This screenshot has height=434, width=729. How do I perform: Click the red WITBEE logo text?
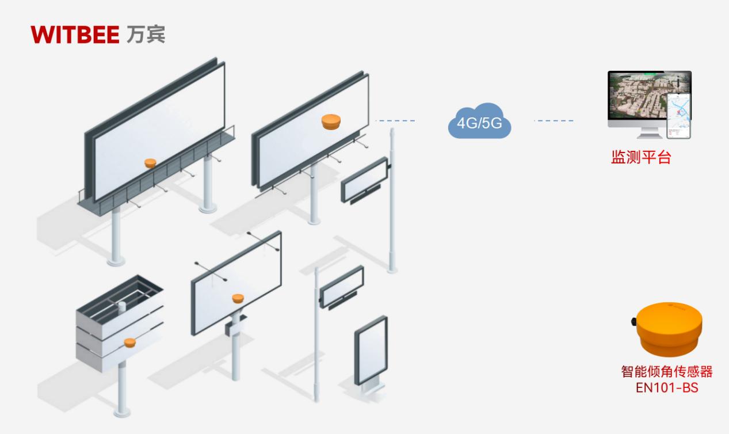pyautogui.click(x=74, y=34)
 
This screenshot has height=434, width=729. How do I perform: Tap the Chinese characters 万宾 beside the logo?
pyautogui.click(x=145, y=34)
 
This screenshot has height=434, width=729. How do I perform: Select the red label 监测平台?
pyautogui.click(x=641, y=158)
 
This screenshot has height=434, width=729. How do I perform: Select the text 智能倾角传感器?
pyautogui.click(x=667, y=372)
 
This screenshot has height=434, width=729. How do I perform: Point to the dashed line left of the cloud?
pyautogui.click(x=395, y=121)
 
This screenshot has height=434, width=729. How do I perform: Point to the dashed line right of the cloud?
pyautogui.click(x=554, y=121)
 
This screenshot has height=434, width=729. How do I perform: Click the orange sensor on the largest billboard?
pyautogui.click(x=150, y=163)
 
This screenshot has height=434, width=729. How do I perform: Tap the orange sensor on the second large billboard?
pyautogui.click(x=331, y=121)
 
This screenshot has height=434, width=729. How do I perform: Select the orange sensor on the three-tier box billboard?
pyautogui.click(x=130, y=342)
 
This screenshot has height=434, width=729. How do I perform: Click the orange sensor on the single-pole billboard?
pyautogui.click(x=238, y=298)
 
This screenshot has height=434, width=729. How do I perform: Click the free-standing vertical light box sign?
pyautogui.click(x=371, y=351)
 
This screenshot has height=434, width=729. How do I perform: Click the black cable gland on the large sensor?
pyautogui.click(x=633, y=321)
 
